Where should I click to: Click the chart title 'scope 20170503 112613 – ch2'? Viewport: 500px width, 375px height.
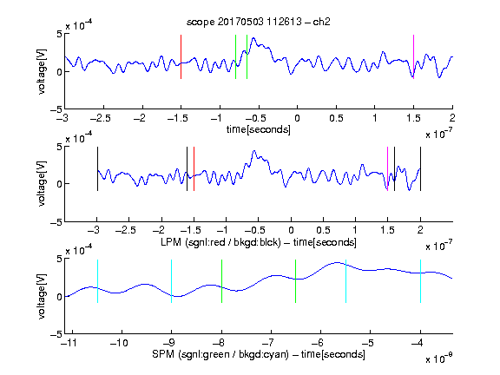(x=259, y=22)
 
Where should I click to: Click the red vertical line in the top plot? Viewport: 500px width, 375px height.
(x=181, y=56)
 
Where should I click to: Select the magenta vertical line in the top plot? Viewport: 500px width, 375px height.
(x=413, y=56)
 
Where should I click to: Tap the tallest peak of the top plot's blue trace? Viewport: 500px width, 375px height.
(x=253, y=38)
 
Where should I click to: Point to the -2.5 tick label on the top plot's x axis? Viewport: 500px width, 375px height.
(x=101, y=118)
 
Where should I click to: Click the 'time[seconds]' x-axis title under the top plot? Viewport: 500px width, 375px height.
(x=259, y=129)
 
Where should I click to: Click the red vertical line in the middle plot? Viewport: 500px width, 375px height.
(x=194, y=168)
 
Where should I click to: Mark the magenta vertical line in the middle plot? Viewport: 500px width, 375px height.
(x=387, y=168)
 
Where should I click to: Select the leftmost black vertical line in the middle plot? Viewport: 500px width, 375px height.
(x=97, y=168)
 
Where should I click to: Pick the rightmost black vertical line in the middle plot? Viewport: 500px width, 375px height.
(x=420, y=168)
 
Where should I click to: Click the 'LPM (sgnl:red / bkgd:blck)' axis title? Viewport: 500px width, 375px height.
(x=220, y=242)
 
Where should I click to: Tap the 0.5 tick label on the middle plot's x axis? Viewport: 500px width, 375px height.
(x=323, y=230)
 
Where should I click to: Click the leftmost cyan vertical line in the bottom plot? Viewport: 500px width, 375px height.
(x=97, y=281)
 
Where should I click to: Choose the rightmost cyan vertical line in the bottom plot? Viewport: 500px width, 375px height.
(x=420, y=281)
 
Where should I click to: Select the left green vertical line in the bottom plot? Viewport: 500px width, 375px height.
(x=221, y=281)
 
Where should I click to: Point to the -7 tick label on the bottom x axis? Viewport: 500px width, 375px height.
(x=271, y=343)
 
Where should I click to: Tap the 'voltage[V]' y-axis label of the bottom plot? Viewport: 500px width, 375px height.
(x=42, y=296)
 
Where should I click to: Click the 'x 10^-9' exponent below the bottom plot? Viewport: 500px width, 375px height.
(x=438, y=359)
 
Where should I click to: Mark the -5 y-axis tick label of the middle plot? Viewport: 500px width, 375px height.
(x=56, y=222)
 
